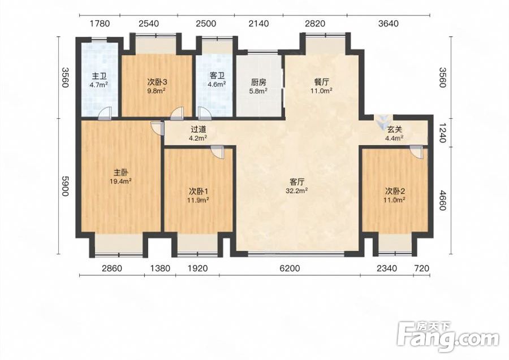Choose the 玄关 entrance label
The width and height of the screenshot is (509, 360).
[394, 129]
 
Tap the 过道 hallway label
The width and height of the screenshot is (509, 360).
[199, 129]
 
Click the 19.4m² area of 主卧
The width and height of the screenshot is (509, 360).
[120, 181]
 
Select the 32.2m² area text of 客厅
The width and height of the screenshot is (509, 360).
[297, 190]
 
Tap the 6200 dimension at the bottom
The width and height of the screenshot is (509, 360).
[290, 268]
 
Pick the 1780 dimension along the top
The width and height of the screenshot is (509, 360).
[100, 24]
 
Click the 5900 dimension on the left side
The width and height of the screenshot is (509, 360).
[65, 186]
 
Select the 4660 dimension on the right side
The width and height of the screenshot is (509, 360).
[442, 201]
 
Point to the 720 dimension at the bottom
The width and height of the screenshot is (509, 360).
[422, 268]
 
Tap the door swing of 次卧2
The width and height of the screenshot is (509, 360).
[417, 151]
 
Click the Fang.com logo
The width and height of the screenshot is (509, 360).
[448, 337]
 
